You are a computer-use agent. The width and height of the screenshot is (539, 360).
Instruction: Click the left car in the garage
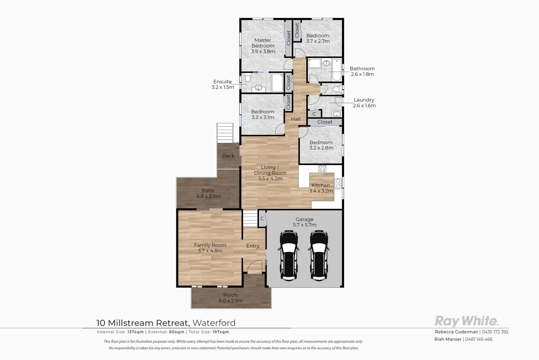[x=288, y=256]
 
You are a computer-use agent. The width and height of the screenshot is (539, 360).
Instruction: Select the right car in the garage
[x=319, y=256]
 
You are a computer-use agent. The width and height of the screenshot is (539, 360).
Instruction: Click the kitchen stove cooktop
[x=322, y=169]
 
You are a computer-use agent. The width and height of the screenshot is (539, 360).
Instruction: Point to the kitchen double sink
[x=338, y=184]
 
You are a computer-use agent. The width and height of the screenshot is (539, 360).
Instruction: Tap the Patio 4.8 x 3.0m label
[x=208, y=194]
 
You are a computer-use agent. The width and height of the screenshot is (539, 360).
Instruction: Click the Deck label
[x=228, y=156]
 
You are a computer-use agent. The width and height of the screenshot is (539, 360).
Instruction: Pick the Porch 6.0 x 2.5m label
[x=231, y=298]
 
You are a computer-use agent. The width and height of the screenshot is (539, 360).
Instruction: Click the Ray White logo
[x=466, y=321]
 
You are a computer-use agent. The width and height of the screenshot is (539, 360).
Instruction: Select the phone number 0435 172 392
[x=495, y=332]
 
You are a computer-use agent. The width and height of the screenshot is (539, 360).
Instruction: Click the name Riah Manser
[x=448, y=339]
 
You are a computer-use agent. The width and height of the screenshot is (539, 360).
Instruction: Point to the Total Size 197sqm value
[x=221, y=332]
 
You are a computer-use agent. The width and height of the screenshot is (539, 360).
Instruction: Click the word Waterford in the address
[x=214, y=323]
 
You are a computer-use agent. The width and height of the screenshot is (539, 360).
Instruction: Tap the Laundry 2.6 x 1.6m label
[x=364, y=103]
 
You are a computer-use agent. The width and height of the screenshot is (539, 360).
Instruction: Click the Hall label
[x=295, y=119]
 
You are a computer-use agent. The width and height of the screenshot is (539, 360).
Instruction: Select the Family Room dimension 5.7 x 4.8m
[x=210, y=251]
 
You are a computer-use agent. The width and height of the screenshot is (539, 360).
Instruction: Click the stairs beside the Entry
[x=250, y=219]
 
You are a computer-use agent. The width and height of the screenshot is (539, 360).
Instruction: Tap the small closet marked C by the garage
[x=262, y=219]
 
